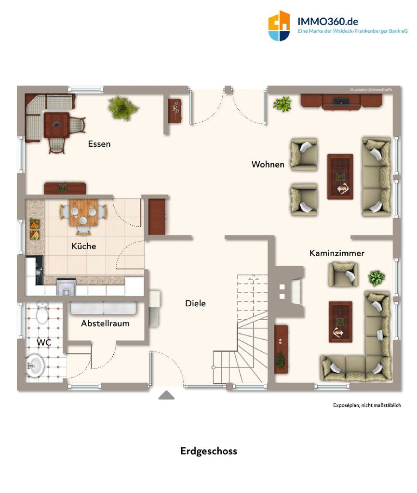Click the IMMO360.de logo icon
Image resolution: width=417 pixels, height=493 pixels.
279,26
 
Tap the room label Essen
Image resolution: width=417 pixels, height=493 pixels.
99,144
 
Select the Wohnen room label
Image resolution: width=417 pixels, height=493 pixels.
268,164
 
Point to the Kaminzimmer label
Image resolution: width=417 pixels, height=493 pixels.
337,253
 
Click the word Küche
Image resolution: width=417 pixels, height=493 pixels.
84,246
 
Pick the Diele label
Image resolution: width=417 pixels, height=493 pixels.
195,303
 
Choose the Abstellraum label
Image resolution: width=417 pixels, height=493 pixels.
105,323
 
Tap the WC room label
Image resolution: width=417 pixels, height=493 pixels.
44,342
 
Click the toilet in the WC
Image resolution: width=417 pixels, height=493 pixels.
42,312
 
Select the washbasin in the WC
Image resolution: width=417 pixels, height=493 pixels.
35,365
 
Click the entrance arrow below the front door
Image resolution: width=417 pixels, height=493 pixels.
166,395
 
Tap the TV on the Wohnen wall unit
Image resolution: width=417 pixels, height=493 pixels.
341,102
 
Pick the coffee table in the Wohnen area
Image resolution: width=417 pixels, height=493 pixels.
340,177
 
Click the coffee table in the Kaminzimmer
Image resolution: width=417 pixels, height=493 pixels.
340,322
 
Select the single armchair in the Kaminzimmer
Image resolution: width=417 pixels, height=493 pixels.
343,274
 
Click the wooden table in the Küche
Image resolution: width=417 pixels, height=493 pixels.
83,212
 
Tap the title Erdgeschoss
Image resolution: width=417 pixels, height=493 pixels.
209,451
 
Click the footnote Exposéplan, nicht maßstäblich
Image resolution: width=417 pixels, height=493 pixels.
367,405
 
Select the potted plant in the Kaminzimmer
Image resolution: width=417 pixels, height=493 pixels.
377,278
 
